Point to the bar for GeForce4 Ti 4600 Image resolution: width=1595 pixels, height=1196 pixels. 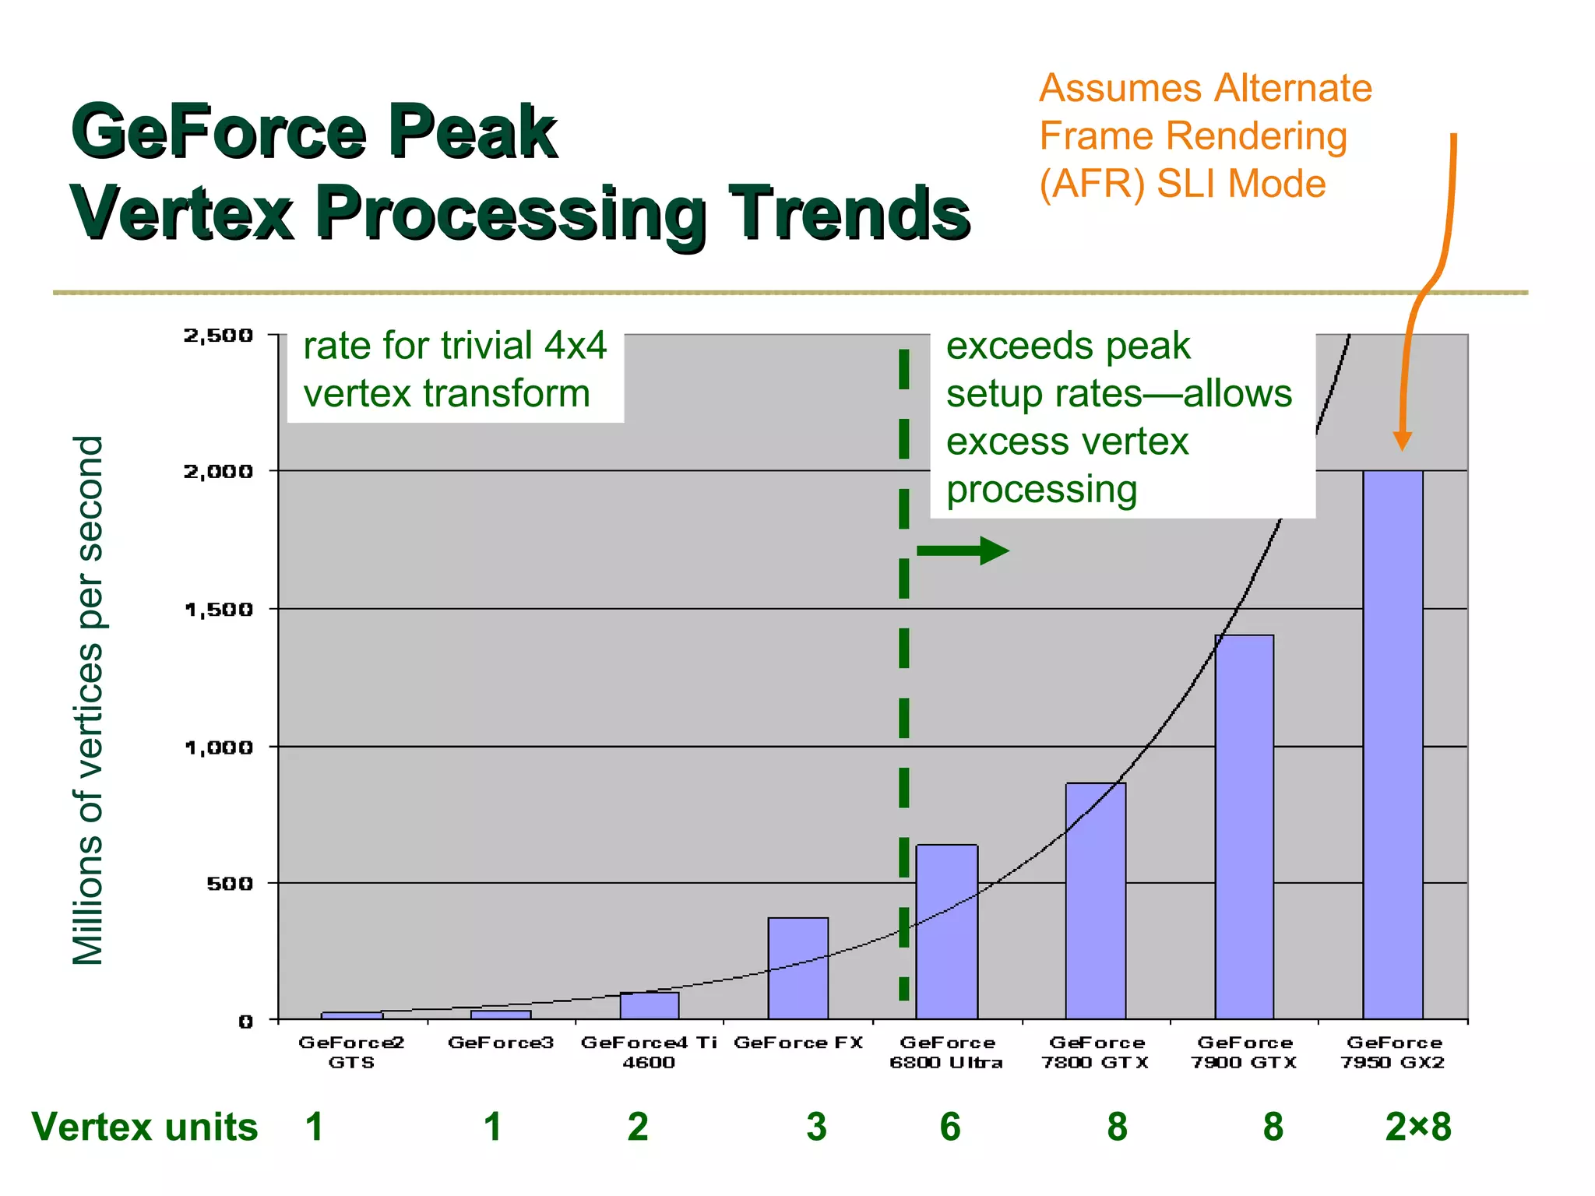[650, 1005]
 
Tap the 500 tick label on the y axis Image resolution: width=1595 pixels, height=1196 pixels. [230, 884]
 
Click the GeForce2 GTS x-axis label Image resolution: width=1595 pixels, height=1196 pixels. [351, 1052]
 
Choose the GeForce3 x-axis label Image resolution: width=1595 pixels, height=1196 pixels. [501, 1043]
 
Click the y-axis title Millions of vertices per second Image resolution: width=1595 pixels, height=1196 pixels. [88, 701]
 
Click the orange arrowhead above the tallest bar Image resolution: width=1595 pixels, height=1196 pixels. [1402, 440]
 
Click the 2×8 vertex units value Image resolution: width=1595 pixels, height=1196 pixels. [1418, 1127]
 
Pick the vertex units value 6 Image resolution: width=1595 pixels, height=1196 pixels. [950, 1127]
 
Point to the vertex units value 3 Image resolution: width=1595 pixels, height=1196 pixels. [816, 1127]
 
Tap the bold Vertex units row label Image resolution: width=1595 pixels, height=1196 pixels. [145, 1127]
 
